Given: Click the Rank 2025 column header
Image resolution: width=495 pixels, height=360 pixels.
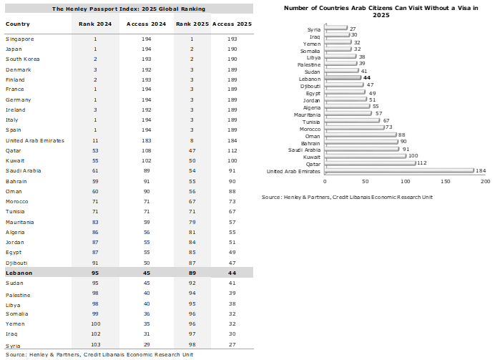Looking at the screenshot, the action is [x=192, y=24].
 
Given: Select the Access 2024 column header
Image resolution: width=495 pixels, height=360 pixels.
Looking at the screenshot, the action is [x=146, y=24].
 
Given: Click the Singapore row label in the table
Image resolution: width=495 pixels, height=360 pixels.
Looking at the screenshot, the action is [x=19, y=39].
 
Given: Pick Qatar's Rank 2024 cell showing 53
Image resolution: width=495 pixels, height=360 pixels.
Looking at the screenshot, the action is [x=95, y=150].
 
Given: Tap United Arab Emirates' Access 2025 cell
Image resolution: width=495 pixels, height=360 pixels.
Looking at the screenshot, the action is [x=232, y=140].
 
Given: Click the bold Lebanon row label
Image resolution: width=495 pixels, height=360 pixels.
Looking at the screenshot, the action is [x=19, y=273].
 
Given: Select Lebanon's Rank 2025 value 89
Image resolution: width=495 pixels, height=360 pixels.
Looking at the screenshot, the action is [x=192, y=273].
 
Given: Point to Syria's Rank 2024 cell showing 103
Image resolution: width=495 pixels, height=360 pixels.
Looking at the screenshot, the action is [x=96, y=344].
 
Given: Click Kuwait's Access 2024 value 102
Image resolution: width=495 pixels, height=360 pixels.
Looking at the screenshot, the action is [x=146, y=161].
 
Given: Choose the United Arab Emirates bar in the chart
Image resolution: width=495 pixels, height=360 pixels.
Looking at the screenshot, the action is [x=399, y=171].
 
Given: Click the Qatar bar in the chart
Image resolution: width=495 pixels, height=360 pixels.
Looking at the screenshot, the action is [x=370, y=163].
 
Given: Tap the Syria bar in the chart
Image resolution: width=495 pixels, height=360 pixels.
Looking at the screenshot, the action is [x=336, y=28].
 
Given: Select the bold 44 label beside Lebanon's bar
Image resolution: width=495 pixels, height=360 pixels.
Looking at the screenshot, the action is [x=367, y=78].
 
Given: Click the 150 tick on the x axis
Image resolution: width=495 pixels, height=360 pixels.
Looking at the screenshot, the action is [x=446, y=181].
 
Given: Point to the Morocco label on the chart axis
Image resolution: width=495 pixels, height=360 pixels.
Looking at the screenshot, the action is [x=310, y=129].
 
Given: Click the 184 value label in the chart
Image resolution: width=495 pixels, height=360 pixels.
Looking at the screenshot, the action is [x=481, y=170].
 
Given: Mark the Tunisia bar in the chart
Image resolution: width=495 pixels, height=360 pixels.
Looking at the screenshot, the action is [x=352, y=121].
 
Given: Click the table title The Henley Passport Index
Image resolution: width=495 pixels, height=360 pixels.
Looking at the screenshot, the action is [x=129, y=9].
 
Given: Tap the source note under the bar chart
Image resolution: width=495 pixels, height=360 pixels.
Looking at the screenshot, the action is [x=347, y=197].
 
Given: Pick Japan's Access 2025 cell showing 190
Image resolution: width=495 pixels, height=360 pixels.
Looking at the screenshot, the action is [x=232, y=49].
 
